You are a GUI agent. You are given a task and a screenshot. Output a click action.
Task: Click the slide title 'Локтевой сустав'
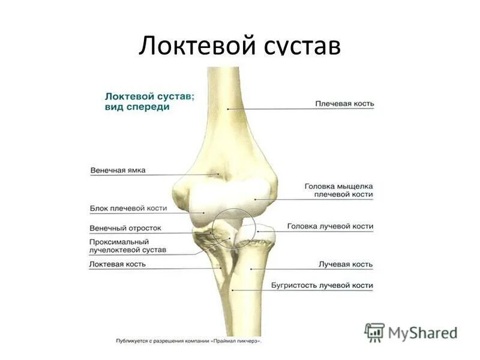coord(239,46)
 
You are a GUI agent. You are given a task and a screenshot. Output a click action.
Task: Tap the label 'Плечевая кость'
coord(344,103)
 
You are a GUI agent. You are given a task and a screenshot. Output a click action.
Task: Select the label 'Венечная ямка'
coord(118,170)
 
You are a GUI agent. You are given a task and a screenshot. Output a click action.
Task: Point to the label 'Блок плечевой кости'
coord(128,208)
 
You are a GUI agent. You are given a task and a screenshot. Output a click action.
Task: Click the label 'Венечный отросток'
coord(125,229)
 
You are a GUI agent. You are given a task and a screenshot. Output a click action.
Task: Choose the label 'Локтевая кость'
coord(118,264)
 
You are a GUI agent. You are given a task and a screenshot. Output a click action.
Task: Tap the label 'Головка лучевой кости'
coord(330,227)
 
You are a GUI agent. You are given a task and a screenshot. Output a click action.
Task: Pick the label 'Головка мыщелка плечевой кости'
coord(338,190)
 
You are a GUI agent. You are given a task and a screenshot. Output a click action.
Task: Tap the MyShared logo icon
coord(374,331)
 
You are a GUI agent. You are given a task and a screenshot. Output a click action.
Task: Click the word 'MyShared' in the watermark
coord(422,332)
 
